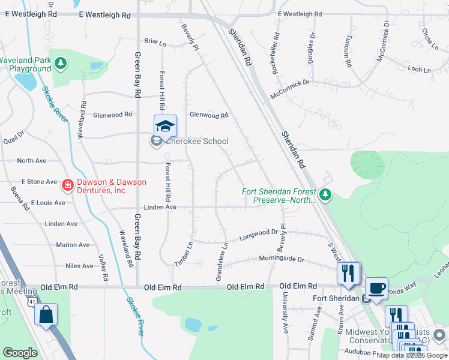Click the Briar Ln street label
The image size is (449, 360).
click(155, 41)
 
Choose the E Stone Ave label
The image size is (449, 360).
click(39, 181)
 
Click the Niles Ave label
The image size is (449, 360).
click(80, 266)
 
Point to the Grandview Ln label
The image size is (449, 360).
click(221, 261)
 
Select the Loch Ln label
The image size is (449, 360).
click(419, 70)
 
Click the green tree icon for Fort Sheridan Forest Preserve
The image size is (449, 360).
click(325, 194)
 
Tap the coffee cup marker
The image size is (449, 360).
click(376, 288)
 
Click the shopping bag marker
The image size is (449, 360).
click(46, 315)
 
